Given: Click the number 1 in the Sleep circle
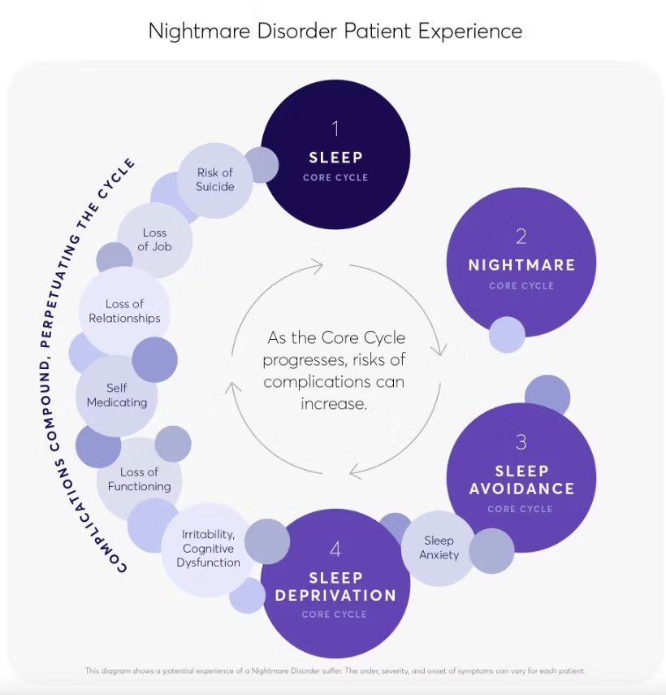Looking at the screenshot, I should point(335,128).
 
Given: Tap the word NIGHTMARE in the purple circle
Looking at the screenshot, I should point(521,265).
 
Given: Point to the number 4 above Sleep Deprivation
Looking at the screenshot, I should point(335,549).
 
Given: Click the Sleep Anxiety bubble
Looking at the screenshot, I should point(439,548).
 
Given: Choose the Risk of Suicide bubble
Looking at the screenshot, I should point(215,180).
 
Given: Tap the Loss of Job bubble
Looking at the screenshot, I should point(154,239).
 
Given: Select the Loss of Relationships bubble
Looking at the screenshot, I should point(124,311).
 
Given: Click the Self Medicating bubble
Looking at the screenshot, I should point(116,395).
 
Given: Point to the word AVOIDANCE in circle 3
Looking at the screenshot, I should point(521,489).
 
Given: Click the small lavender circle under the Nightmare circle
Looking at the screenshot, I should point(507,334).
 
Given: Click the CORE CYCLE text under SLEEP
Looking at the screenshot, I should point(335,177).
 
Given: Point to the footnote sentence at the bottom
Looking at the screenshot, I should point(335,671).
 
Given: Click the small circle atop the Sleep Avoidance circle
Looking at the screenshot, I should point(547,394).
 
